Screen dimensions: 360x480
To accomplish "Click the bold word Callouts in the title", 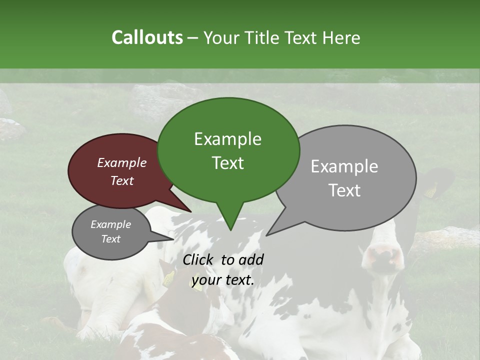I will pyautogui.click(x=147, y=37).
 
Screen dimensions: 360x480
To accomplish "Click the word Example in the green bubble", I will pyautogui.click(x=227, y=139).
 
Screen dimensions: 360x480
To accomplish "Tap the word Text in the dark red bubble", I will pyautogui.click(x=122, y=181).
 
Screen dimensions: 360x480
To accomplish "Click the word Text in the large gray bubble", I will pyautogui.click(x=345, y=190).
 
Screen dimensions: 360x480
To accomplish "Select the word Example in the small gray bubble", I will pyautogui.click(x=110, y=224).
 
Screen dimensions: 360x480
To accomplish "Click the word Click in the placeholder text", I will pyautogui.click(x=198, y=259).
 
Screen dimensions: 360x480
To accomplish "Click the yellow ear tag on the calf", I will pyautogui.click(x=169, y=278).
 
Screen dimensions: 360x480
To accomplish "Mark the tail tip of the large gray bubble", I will pyautogui.click(x=266, y=235).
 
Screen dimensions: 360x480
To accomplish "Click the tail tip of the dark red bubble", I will pyautogui.click(x=191, y=212).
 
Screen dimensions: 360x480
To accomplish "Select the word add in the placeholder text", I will pyautogui.click(x=251, y=259).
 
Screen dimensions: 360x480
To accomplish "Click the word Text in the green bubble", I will pyautogui.click(x=228, y=163).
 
